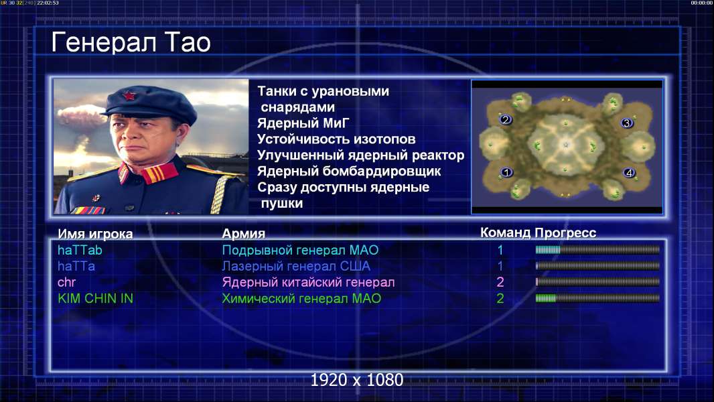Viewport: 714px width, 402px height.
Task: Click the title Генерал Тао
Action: point(131,43)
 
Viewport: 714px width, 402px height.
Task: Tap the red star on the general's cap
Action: point(129,96)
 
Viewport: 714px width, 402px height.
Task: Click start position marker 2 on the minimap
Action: point(505,120)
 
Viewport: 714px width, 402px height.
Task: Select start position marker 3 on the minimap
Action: point(626,123)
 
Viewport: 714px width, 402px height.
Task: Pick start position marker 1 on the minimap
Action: point(506,173)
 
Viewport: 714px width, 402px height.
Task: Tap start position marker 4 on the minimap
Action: point(629,173)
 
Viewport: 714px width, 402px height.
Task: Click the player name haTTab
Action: point(80,250)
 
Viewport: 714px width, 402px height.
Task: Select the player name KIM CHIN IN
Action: point(96,299)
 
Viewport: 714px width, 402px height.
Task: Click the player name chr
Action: point(66,282)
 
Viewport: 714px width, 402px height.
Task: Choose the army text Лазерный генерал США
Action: point(296,266)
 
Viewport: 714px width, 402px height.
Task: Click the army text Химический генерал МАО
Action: point(301,299)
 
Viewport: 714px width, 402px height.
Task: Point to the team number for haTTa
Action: point(500,266)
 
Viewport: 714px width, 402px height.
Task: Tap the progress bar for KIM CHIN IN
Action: point(597,298)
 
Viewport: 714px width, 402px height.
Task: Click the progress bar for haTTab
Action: point(597,249)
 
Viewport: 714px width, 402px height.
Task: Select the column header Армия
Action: point(244,234)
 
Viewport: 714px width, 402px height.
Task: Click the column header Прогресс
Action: point(565,233)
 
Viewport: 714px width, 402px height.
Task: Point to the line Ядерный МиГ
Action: point(303,123)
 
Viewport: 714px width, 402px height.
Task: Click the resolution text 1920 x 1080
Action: point(356,380)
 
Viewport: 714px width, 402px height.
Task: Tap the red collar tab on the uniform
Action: point(159,173)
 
